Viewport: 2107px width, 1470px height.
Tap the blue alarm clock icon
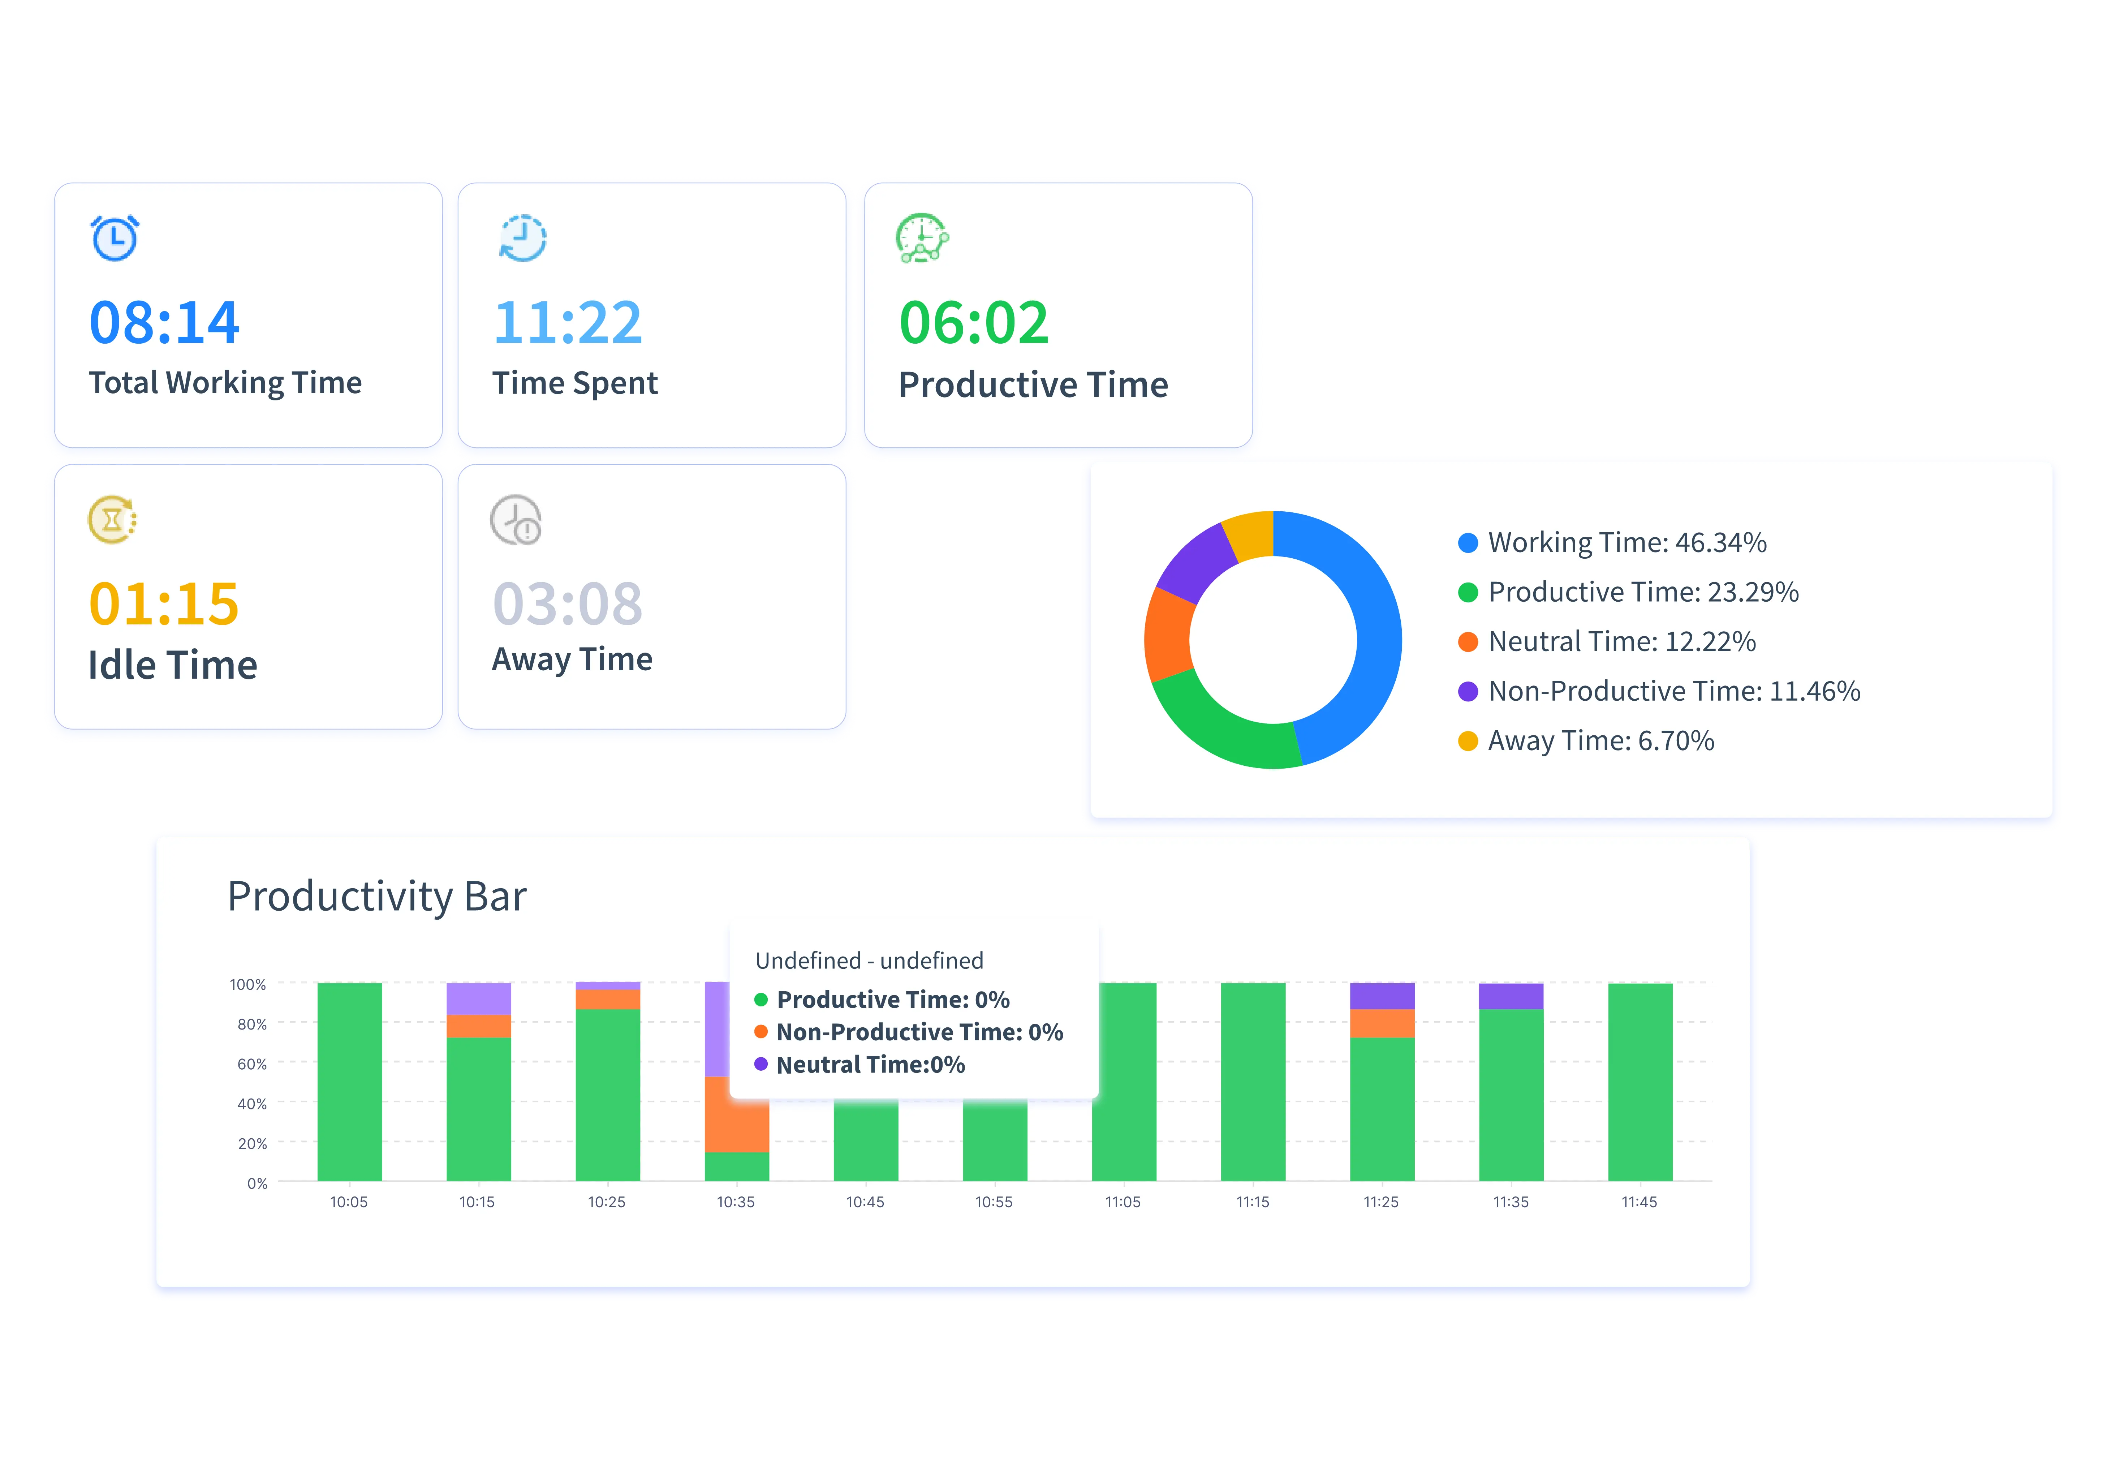(115, 238)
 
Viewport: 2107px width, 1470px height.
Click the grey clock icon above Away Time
(516, 520)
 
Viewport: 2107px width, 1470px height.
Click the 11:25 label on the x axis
(1381, 1202)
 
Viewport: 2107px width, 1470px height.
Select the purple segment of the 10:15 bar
(478, 998)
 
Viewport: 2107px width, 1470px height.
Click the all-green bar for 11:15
(1253, 1083)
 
